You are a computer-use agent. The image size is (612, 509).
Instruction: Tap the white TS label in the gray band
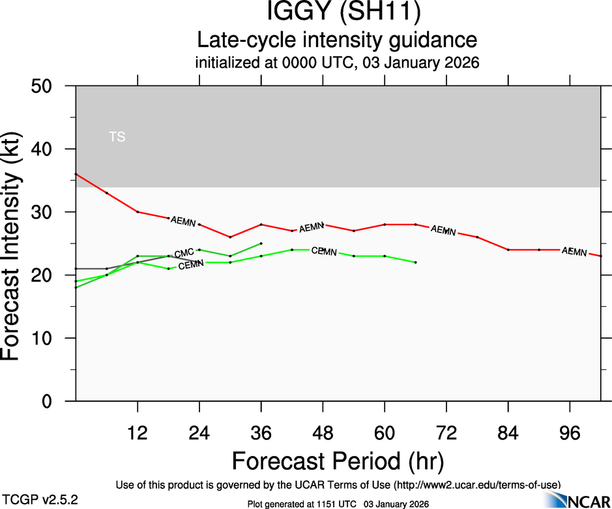coord(117,137)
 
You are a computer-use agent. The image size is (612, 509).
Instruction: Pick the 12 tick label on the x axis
coord(138,433)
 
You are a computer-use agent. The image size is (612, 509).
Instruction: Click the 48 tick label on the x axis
coord(323,433)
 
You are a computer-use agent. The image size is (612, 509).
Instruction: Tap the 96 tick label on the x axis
coord(570,433)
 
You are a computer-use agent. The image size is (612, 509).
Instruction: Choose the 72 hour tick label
coord(446,433)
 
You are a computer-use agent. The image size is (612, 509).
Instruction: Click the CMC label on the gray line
coord(184,253)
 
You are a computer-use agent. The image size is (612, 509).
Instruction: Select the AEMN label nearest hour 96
coord(574,251)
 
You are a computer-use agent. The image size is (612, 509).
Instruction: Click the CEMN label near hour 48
coord(323,251)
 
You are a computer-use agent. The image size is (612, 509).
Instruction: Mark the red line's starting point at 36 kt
coord(76,174)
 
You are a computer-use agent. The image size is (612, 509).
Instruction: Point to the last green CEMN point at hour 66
coord(416,262)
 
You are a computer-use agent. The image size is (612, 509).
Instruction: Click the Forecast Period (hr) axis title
coord(338,461)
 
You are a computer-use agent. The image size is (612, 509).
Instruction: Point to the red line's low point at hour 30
coord(230,237)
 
